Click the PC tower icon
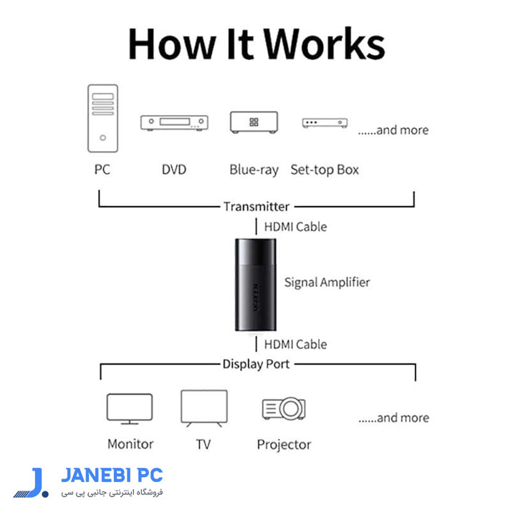pos(102,119)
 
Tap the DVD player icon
pos(174,123)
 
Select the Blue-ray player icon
pos(254,122)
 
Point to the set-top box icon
pos(325,123)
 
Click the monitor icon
pos(130,408)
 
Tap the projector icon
pos(284,408)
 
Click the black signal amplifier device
pos(256,285)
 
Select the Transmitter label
pos(257,207)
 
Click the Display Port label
pos(256,364)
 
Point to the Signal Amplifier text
pos(327,283)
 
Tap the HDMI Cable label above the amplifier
pos(295,227)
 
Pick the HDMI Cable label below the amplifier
pos(295,345)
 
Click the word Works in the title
pos(325,44)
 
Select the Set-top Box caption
pos(325,170)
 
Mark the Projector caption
pos(284,444)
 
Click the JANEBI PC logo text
pos(112,475)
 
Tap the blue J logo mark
pos(31,483)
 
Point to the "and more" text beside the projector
pos(393,418)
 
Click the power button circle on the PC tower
pos(103,137)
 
